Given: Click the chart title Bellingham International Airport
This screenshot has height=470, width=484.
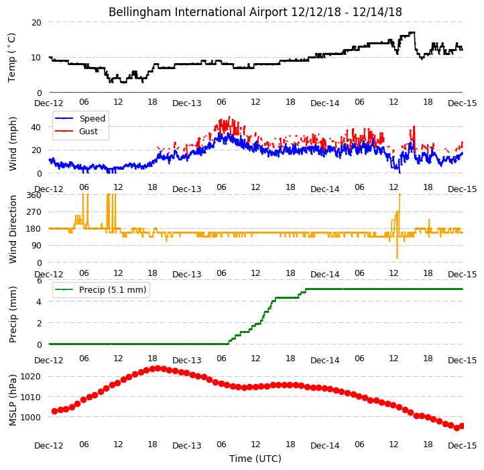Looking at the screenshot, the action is [198, 12].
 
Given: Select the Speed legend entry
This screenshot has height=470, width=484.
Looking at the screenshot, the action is [80, 118].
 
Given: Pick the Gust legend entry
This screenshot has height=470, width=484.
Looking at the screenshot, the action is [76, 131].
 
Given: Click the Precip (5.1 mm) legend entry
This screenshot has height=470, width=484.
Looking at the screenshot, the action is [101, 290].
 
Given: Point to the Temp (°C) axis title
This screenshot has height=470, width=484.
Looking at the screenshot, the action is [11, 58].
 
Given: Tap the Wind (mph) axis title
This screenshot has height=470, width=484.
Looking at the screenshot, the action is [12, 144].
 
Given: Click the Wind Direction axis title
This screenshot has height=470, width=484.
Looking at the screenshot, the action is [12, 229].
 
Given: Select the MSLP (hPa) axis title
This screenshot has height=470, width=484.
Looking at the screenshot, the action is [12, 400].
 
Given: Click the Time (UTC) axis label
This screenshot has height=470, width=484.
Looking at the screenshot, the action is [255, 459].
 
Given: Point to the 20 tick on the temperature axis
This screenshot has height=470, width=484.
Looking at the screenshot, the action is [36, 23].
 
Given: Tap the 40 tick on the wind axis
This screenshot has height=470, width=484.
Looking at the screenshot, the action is [36, 127].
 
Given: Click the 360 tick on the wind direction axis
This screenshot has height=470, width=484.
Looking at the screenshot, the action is [34, 195].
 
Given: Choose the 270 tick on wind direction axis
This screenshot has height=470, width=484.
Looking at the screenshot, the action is [34, 212].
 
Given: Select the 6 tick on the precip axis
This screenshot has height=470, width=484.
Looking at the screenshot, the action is [39, 281].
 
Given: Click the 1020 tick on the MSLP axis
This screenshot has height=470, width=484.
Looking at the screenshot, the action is [31, 376].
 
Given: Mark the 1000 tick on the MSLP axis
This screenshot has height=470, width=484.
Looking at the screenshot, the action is [31, 417].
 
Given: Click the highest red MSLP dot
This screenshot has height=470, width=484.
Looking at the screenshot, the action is [158, 368].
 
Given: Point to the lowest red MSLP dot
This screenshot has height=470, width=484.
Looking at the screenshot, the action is [457, 428].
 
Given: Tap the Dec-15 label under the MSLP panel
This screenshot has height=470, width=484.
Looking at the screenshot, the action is [462, 446].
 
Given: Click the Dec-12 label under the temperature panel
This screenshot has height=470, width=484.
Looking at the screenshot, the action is [48, 103].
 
